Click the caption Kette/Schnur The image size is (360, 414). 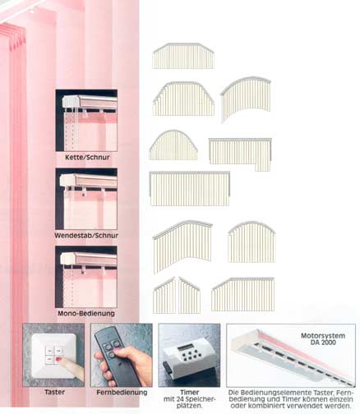point(87,158)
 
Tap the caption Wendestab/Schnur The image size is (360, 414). point(86,236)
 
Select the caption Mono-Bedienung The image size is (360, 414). point(86,313)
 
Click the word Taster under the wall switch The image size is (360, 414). point(55,392)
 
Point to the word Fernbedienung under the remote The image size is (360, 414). point(122,393)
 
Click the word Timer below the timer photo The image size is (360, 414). point(190,392)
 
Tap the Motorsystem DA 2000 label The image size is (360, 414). point(323,338)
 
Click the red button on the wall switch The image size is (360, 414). point(58,359)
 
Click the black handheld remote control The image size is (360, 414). point(118,356)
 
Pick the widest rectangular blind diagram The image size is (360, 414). point(190,188)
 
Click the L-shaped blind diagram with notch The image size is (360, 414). point(240,154)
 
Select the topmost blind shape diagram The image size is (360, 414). point(183,56)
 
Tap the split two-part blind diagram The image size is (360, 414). point(177,295)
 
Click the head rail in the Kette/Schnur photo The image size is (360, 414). point(90,102)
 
